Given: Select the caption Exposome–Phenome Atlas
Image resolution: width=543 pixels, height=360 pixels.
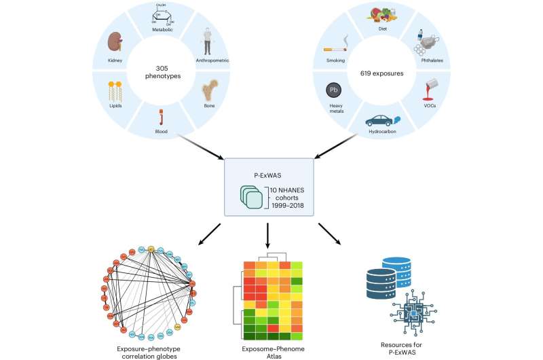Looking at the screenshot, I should (x=269, y=349).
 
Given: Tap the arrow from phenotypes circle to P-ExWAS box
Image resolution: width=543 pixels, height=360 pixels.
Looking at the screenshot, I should (x=201, y=147).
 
